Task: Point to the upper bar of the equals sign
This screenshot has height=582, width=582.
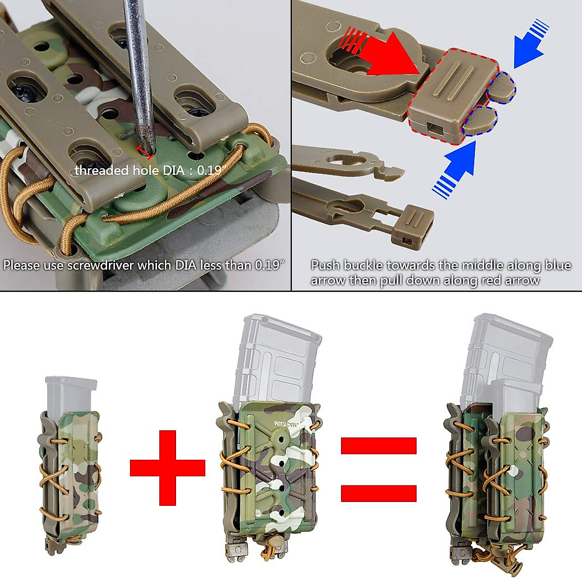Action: [x=378, y=445]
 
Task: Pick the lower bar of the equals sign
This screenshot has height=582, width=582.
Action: [x=378, y=493]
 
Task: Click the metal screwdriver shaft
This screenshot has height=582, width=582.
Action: [x=137, y=73]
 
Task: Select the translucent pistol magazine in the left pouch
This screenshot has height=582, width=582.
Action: [x=71, y=395]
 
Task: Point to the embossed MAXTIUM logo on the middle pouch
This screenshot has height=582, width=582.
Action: [x=287, y=423]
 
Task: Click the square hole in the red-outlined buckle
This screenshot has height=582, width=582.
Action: [x=434, y=129]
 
